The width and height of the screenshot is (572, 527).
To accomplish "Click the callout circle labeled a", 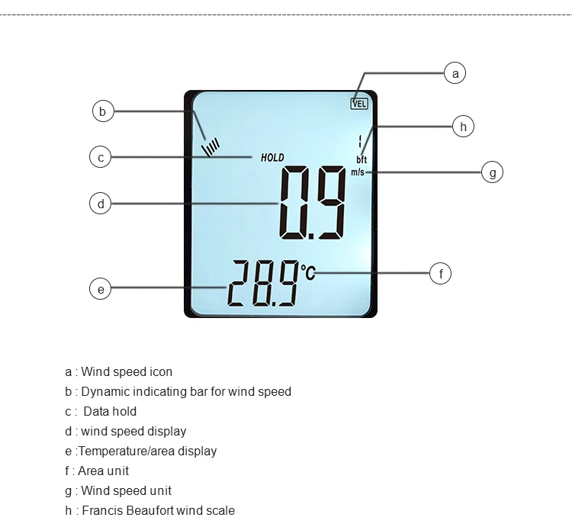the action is [455, 73].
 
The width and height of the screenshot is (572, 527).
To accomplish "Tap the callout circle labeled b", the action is [103, 111].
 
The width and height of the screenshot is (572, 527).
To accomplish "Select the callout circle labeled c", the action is [101, 158].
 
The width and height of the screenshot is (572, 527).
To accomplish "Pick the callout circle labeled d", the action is [101, 204].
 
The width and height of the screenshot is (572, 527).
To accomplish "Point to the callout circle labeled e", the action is [101, 288].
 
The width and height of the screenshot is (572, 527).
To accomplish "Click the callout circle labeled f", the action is [441, 272].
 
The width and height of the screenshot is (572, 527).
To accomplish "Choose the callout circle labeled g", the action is [493, 172].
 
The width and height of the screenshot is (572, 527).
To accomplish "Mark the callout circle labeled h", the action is [463, 126].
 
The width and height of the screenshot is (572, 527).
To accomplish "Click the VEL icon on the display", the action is [359, 103].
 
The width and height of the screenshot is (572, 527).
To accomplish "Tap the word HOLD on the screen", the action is [272, 158].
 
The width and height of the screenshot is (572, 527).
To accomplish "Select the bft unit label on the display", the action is [362, 160].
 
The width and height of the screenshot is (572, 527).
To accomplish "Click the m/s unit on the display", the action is [358, 172].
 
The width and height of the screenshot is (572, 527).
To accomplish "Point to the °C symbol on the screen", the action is [307, 272].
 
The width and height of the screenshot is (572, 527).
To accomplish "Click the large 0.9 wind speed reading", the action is [313, 202].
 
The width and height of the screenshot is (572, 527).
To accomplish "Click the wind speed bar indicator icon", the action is [211, 146].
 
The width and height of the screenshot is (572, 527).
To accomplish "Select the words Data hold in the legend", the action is [110, 411].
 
